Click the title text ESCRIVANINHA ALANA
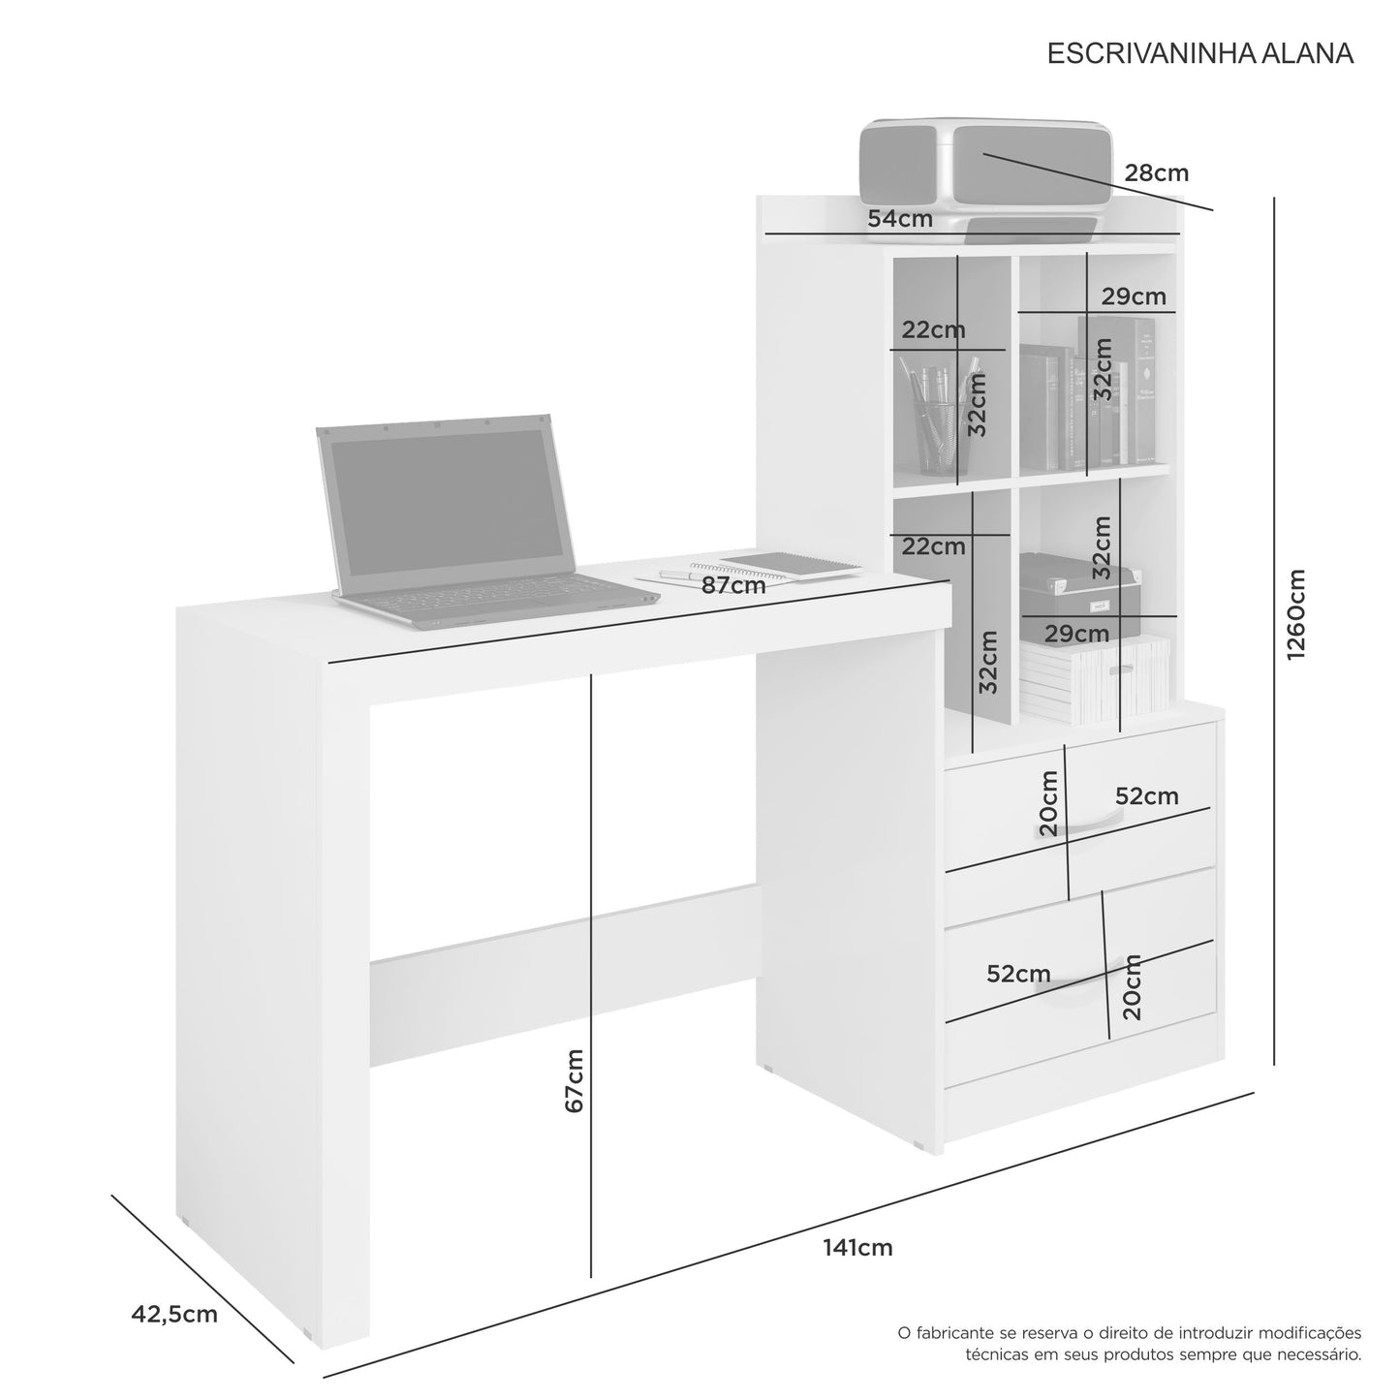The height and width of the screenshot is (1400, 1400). tap(1199, 53)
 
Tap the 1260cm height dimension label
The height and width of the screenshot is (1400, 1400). tap(1296, 614)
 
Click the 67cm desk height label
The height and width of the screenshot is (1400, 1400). tap(575, 1080)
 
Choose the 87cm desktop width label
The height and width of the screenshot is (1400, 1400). tap(733, 585)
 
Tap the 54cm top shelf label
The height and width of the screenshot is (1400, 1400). tap(900, 218)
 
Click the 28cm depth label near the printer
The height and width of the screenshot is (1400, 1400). tap(1157, 172)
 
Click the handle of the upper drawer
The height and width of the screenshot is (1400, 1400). tap(1079, 823)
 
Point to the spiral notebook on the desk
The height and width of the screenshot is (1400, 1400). tap(789, 564)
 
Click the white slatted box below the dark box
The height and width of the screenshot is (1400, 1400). tap(1094, 679)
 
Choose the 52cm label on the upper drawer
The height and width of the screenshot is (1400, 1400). tap(1147, 796)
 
